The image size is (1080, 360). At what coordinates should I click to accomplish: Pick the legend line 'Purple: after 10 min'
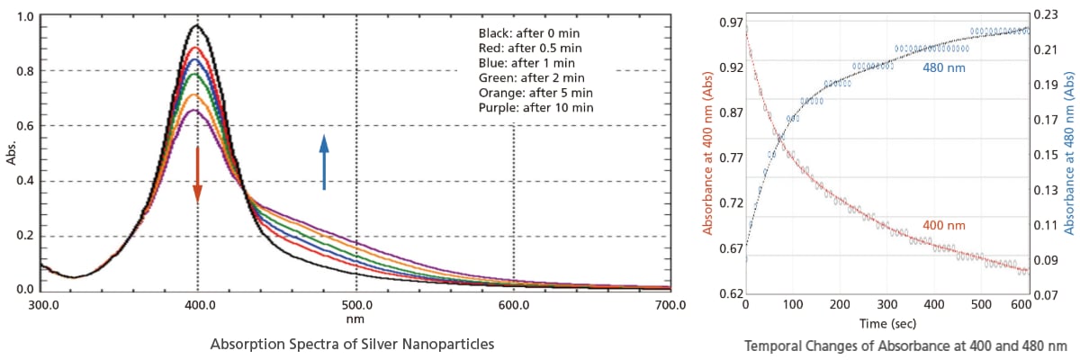point(535,108)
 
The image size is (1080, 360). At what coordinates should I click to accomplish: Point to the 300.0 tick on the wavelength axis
point(43,305)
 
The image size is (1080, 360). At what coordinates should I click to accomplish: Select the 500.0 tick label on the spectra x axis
point(357,305)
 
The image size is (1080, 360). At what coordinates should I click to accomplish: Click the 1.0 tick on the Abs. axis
point(26,17)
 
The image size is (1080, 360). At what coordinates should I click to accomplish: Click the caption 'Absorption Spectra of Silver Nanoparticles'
point(352,344)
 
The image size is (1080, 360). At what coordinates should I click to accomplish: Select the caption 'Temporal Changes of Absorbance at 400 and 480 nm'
point(905,346)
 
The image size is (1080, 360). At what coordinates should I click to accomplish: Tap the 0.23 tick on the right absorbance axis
point(1045,15)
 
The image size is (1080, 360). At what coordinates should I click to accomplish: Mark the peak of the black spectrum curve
point(196,24)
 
